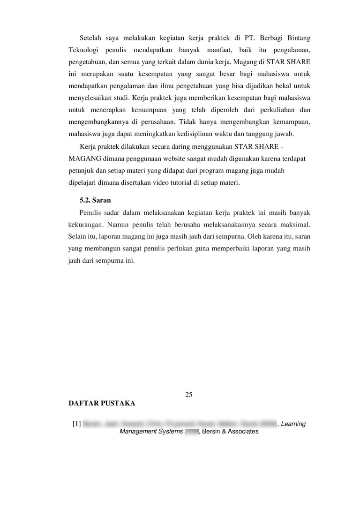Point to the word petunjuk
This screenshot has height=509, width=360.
[x=80, y=171]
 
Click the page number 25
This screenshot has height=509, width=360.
[x=189, y=394]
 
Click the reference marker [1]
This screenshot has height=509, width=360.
[x=77, y=425]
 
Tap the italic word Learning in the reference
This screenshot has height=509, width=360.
[x=293, y=424]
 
